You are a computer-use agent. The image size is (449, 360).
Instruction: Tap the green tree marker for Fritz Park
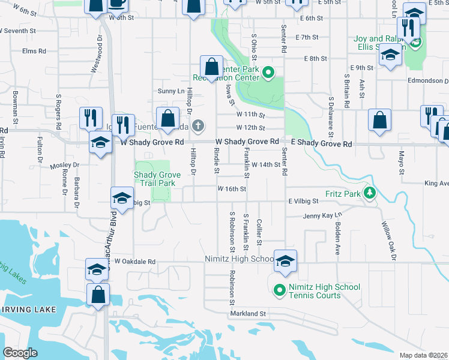(x=370, y=193)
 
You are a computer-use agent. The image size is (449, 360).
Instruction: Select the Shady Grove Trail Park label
(x=157, y=179)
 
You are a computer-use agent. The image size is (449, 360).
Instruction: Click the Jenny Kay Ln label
(x=322, y=215)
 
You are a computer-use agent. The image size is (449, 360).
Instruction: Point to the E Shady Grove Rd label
(x=321, y=144)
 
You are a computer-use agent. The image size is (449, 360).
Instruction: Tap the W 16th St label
(x=232, y=188)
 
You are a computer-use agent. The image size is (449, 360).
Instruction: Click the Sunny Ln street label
(x=170, y=91)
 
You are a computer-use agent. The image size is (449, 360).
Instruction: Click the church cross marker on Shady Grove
(x=199, y=126)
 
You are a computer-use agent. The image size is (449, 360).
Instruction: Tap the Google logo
(x=20, y=353)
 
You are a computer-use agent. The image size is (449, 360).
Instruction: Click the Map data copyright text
(x=424, y=355)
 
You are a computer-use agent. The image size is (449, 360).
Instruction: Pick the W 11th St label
(x=250, y=113)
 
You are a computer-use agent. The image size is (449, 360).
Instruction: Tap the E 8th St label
(x=315, y=59)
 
